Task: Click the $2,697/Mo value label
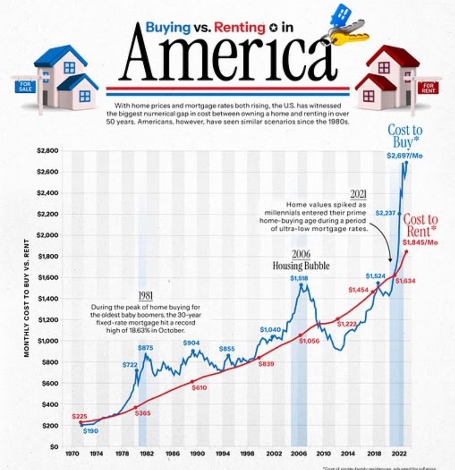(404, 156)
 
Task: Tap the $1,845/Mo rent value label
(419, 242)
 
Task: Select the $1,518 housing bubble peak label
(299, 278)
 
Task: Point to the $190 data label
(90, 431)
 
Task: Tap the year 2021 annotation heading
(358, 195)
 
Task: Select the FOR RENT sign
(428, 88)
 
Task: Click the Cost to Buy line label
(404, 136)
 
